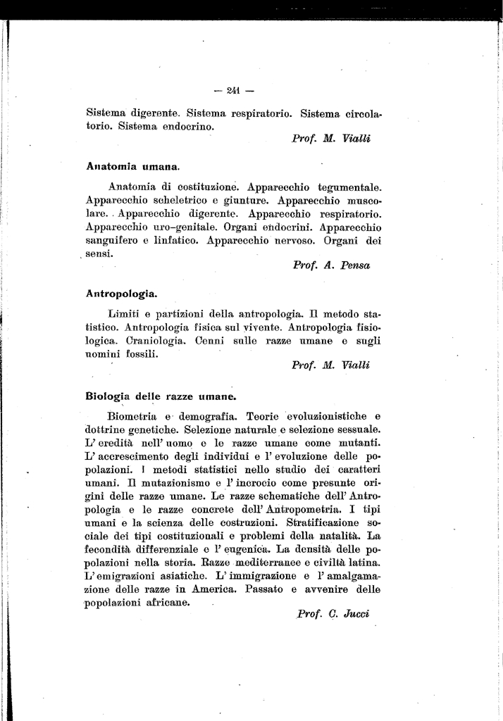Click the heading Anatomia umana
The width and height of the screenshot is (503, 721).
pyautogui.click(x=133, y=167)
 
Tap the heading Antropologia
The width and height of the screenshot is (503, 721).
pyautogui.click(x=121, y=291)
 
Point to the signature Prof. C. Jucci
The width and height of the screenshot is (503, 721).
pyautogui.click(x=333, y=613)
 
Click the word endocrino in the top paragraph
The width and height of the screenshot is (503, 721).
pyautogui.click(x=183, y=127)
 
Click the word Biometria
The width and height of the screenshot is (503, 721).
pyautogui.click(x=132, y=415)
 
